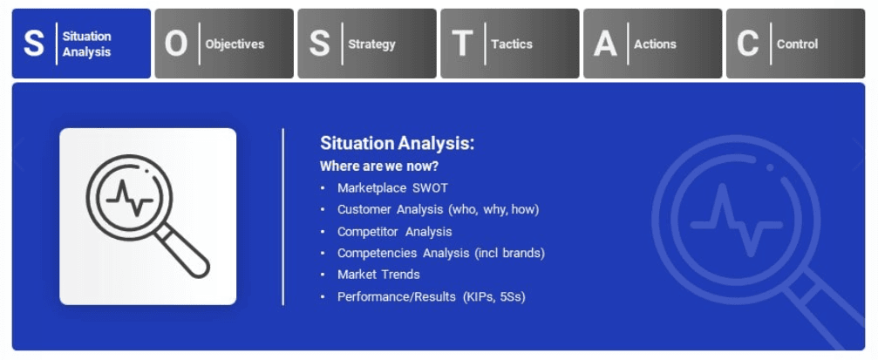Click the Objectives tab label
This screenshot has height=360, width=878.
point(235,44)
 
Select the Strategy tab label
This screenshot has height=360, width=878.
point(371,44)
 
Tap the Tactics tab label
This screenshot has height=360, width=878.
point(512,44)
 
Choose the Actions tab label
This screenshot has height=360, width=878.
point(655,44)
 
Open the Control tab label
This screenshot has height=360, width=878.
point(797,44)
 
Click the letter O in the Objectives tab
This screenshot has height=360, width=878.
point(176,44)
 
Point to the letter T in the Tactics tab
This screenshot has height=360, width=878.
point(462,44)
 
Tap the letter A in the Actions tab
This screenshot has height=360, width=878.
point(605,44)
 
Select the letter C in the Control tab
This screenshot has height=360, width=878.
point(747,44)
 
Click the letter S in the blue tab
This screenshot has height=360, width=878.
point(34,44)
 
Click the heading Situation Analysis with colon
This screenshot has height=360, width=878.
point(397,144)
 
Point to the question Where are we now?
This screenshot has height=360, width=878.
point(379,166)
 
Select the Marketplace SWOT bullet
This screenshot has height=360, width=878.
point(392,187)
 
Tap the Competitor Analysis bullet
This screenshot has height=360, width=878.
point(394,232)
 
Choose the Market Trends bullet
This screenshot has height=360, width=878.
point(378,275)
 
